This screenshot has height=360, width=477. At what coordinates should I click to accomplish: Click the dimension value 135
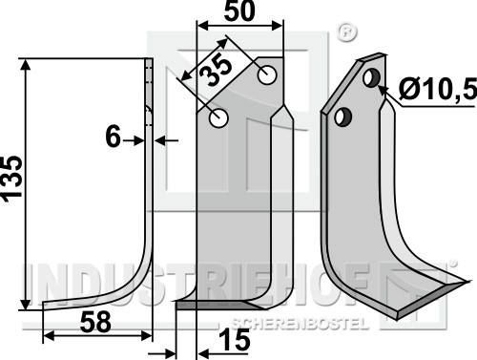click(x=12, y=179)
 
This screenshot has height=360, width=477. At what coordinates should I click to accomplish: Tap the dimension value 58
click(x=95, y=322)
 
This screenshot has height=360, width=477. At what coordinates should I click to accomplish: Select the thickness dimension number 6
click(x=113, y=137)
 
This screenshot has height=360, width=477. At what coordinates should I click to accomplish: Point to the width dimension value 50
click(x=239, y=11)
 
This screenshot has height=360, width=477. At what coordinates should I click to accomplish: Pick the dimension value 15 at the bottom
click(x=235, y=340)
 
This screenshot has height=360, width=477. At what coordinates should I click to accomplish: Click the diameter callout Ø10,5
click(x=438, y=89)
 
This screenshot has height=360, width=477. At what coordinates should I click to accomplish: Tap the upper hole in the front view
click(x=267, y=75)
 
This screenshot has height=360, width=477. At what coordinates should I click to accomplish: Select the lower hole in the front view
click(x=218, y=118)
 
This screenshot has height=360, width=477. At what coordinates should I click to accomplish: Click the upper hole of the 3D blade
click(x=371, y=77)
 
